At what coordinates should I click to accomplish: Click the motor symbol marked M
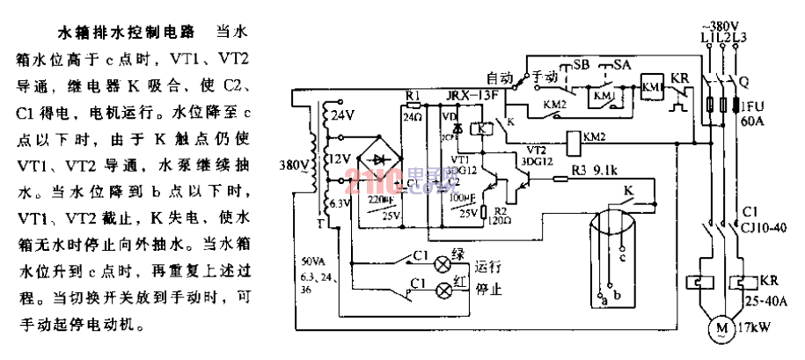click(723, 328)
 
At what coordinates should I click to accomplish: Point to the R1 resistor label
click(413, 94)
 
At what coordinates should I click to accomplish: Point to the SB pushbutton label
click(582, 64)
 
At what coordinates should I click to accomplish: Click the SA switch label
click(622, 64)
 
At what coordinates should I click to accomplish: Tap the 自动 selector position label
click(499, 77)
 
